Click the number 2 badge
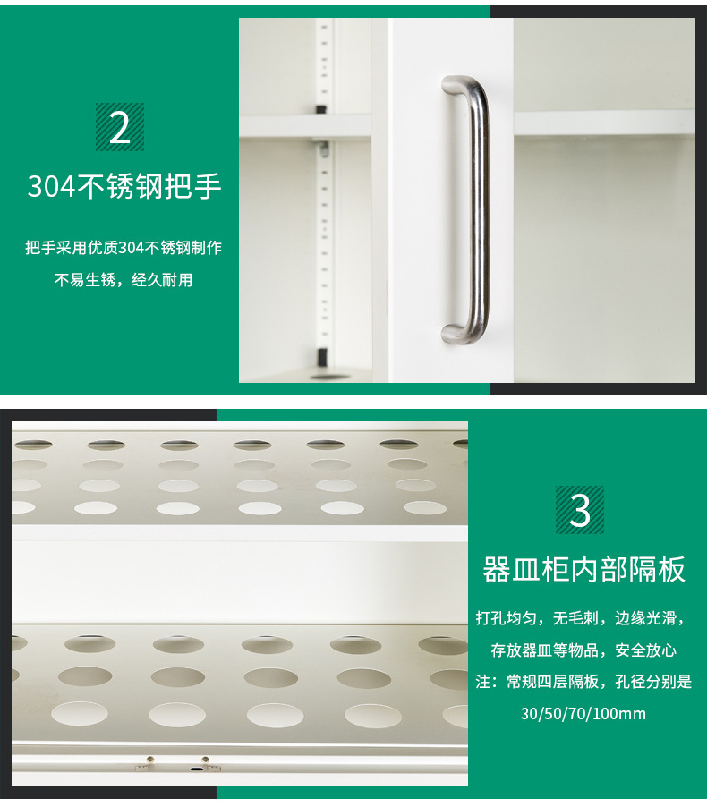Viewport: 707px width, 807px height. pyautogui.click(x=120, y=127)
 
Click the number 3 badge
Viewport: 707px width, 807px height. pyautogui.click(x=580, y=510)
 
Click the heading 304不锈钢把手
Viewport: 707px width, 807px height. pyautogui.click(x=124, y=186)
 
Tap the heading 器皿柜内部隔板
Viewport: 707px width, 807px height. pyautogui.click(x=583, y=569)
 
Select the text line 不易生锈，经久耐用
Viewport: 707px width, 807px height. pyautogui.click(x=124, y=280)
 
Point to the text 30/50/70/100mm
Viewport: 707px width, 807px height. pyautogui.click(x=583, y=714)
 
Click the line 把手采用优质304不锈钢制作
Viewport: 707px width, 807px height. pyautogui.click(x=124, y=248)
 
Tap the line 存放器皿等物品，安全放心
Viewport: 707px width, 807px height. pyautogui.click(x=583, y=650)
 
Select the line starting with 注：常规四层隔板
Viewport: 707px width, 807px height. pyautogui.click(x=583, y=682)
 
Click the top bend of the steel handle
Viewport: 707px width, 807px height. pyautogui.click(x=466, y=85)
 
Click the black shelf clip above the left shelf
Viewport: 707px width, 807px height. pyautogui.click(x=320, y=109)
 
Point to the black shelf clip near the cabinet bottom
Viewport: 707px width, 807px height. pyautogui.click(x=322, y=355)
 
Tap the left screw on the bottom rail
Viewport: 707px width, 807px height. pyautogui.click(x=149, y=760)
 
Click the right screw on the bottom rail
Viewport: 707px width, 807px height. pyautogui.click(x=205, y=760)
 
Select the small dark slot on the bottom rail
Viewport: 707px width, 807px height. pyautogui.click(x=196, y=769)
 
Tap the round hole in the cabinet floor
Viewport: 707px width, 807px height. pyautogui.click(x=329, y=377)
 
